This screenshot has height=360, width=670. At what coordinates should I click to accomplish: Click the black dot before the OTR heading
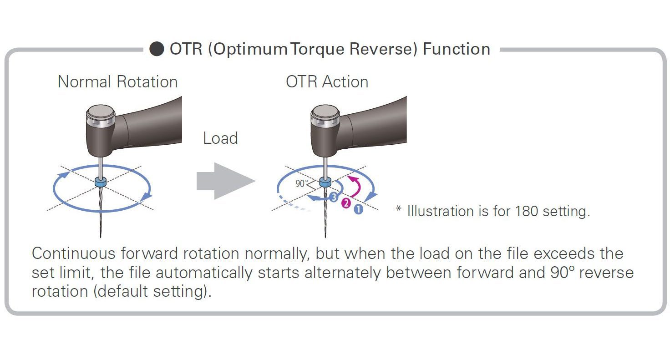157,49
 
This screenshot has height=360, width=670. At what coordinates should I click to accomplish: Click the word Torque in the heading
317,49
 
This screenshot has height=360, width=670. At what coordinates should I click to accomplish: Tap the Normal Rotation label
117,81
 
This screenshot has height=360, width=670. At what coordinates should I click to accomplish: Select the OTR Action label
327,81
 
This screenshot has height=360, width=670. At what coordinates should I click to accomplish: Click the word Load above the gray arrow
220,138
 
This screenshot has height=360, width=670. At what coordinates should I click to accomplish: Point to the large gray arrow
226,181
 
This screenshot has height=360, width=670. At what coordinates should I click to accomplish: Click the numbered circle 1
358,209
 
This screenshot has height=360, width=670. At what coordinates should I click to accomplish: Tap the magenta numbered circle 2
346,203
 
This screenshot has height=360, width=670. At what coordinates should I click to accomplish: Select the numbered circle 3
334,197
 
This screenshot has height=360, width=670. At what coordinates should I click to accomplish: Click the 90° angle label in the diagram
301,183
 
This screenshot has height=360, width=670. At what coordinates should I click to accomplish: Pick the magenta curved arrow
356,186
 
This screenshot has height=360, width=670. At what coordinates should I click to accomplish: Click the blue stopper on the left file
101,182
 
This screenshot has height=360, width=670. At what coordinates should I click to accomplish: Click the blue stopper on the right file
325,182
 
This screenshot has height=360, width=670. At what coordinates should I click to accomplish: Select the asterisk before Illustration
399,208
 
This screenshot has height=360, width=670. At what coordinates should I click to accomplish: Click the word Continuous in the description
74,253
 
